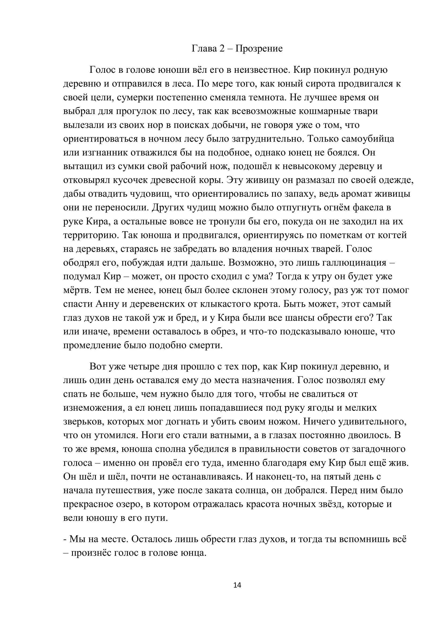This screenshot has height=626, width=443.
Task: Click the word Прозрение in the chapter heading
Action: pyautogui.click(x=259, y=48)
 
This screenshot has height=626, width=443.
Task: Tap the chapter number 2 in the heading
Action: pyautogui.click(x=222, y=48)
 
